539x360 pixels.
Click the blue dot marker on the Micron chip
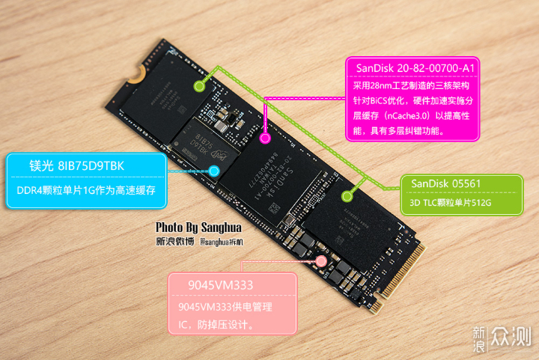pyautogui.click(x=214, y=171)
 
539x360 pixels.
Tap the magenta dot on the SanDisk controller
pyautogui.click(x=264, y=138)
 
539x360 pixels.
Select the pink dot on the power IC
pyautogui.click(x=321, y=262)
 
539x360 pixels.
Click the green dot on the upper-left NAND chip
pyautogui.click(x=199, y=85)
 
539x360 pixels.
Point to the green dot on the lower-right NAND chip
pyautogui.click(x=347, y=197)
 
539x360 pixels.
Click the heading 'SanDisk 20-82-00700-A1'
pyautogui.click(x=415, y=69)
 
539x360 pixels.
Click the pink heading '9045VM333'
pyautogui.click(x=210, y=285)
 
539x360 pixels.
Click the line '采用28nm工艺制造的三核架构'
pyautogui.click(x=416, y=85)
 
